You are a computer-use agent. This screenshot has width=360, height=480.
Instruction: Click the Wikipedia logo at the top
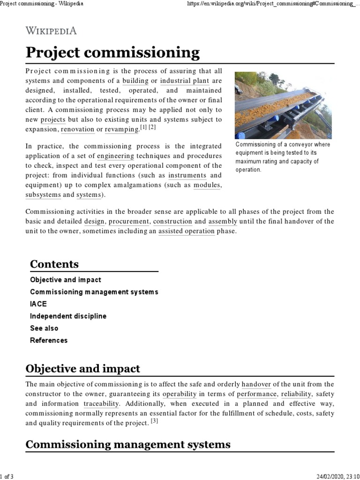pyautogui.click(x=51, y=31)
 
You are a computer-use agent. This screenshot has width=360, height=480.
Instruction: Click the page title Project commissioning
pyautogui.click(x=112, y=52)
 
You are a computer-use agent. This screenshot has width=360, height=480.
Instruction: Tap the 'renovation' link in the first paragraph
pyautogui.click(x=77, y=128)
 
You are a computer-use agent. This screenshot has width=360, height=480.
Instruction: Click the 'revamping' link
pyautogui.click(x=121, y=128)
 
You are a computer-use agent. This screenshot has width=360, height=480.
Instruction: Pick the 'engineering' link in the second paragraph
pyautogui.click(x=115, y=156)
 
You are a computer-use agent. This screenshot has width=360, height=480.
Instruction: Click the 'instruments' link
pyautogui.click(x=187, y=175)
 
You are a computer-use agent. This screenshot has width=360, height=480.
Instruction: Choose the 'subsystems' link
pyautogui.click(x=43, y=195)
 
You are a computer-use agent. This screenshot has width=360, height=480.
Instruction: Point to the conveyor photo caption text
pyautogui.click(x=283, y=157)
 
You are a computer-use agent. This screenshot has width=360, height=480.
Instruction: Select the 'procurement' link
pyautogui.click(x=129, y=221)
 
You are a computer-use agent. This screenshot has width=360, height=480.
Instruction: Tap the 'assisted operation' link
pyautogui.click(x=186, y=231)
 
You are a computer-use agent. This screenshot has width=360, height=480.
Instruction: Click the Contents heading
pyautogui.click(x=54, y=264)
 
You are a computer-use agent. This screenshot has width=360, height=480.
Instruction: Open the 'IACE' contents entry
pyautogui.click(x=38, y=304)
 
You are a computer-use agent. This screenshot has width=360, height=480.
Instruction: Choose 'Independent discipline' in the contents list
pyautogui.click(x=68, y=316)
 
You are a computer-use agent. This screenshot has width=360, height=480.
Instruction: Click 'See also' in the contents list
pyautogui.click(x=44, y=328)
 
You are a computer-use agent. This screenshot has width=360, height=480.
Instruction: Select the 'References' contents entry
pyautogui.click(x=49, y=340)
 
